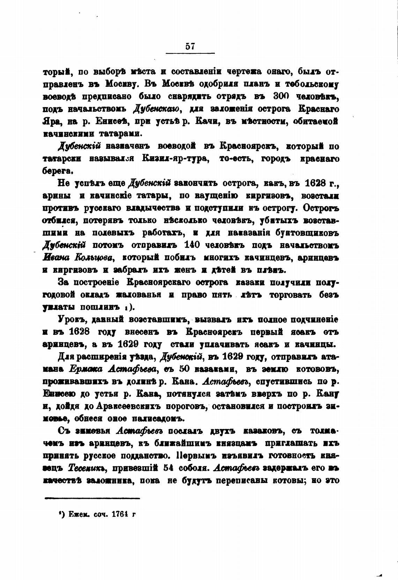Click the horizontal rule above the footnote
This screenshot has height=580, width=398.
tap(93, 498)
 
